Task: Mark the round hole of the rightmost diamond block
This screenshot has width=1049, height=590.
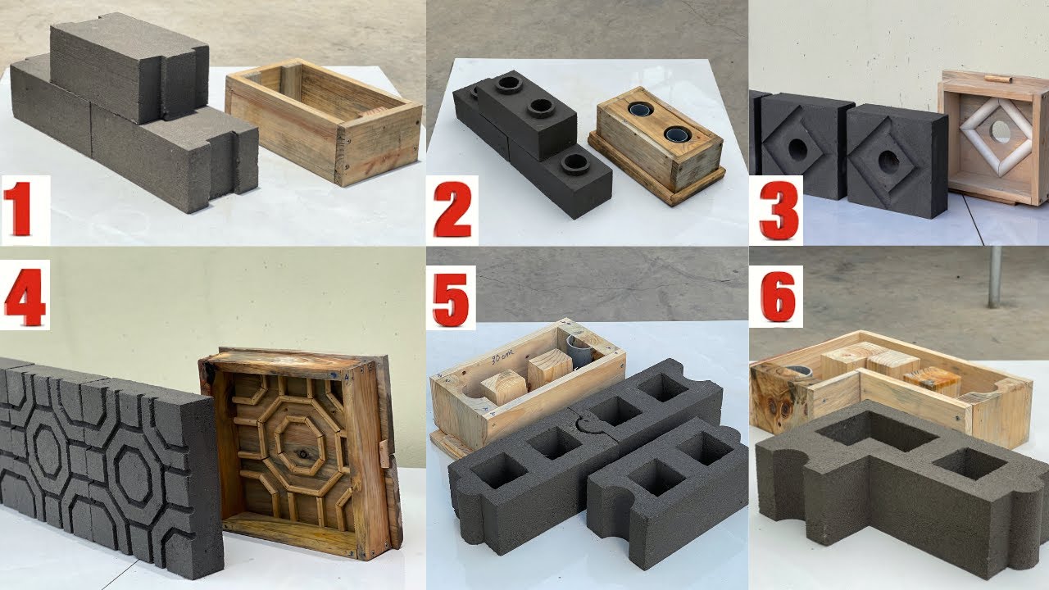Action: [x=889, y=160]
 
